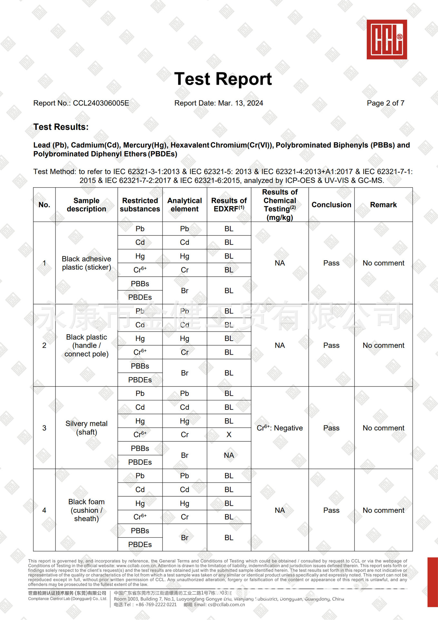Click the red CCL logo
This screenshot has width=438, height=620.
[386, 39]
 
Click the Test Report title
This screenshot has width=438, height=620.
[223, 79]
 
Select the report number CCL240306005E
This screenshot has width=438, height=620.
[101, 103]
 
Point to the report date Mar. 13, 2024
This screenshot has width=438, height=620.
[240, 103]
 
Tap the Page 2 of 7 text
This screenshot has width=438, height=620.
[385, 103]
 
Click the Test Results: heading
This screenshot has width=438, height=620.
[61, 127]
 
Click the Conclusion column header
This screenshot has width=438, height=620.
[331, 205]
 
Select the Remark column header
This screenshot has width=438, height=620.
[383, 205]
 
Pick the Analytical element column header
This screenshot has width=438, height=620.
[184, 205]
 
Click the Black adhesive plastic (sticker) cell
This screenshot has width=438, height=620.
[86, 263]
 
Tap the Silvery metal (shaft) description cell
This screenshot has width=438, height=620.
[86, 428]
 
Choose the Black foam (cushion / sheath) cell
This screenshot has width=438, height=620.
[86, 510]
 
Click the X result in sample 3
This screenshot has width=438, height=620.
[229, 435]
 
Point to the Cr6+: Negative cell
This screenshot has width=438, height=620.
[280, 428]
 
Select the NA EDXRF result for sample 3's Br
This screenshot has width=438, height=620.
[229, 455]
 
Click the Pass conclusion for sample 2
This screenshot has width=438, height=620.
[331, 346]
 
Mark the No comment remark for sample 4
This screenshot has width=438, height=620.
[383, 510]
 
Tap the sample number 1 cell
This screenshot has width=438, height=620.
[44, 263]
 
